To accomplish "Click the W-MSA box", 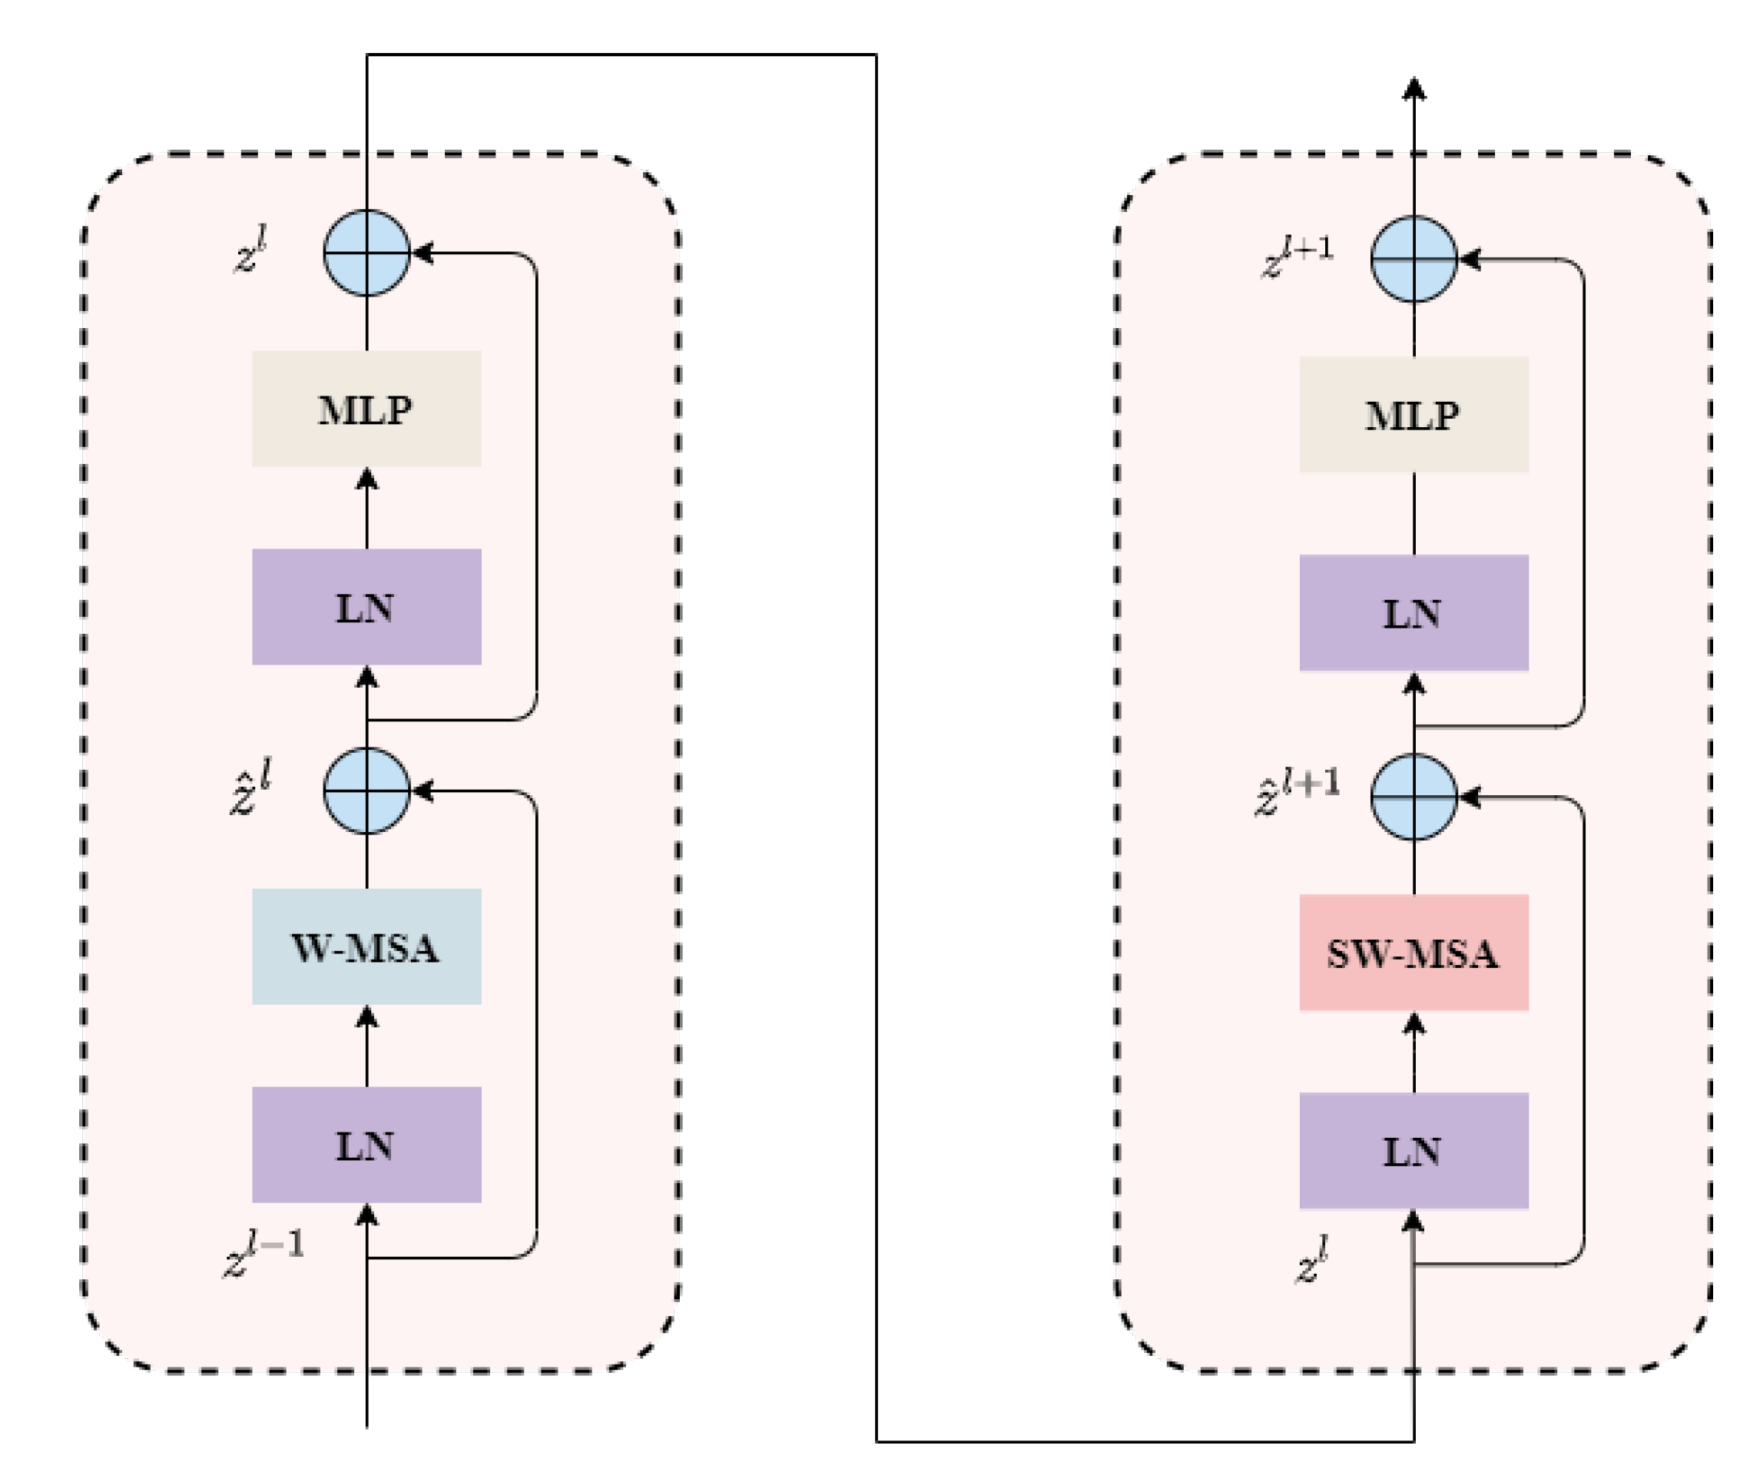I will pos(366,947).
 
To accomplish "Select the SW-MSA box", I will pos(1413,952).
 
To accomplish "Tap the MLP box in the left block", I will pos(366,409).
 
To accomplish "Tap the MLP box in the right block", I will pos(1413,415).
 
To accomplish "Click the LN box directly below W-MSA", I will pos(366,1144).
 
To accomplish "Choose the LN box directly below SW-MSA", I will pos(1413,1150).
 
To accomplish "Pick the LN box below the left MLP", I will pos(366,607).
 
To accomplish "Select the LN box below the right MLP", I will pos(1413,612).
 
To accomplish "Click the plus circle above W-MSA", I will pos(366,791).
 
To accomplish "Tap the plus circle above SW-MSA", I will pos(1413,797).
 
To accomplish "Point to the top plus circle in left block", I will pos(366,253).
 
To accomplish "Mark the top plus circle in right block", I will pos(1413,259).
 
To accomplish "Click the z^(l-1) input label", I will pos(263,1252).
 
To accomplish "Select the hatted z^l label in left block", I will pos(250,787).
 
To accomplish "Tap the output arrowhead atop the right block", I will pos(1413,88).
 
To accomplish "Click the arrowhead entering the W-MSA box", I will pos(366,1016).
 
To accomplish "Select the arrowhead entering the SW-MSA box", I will pos(1413,1023).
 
